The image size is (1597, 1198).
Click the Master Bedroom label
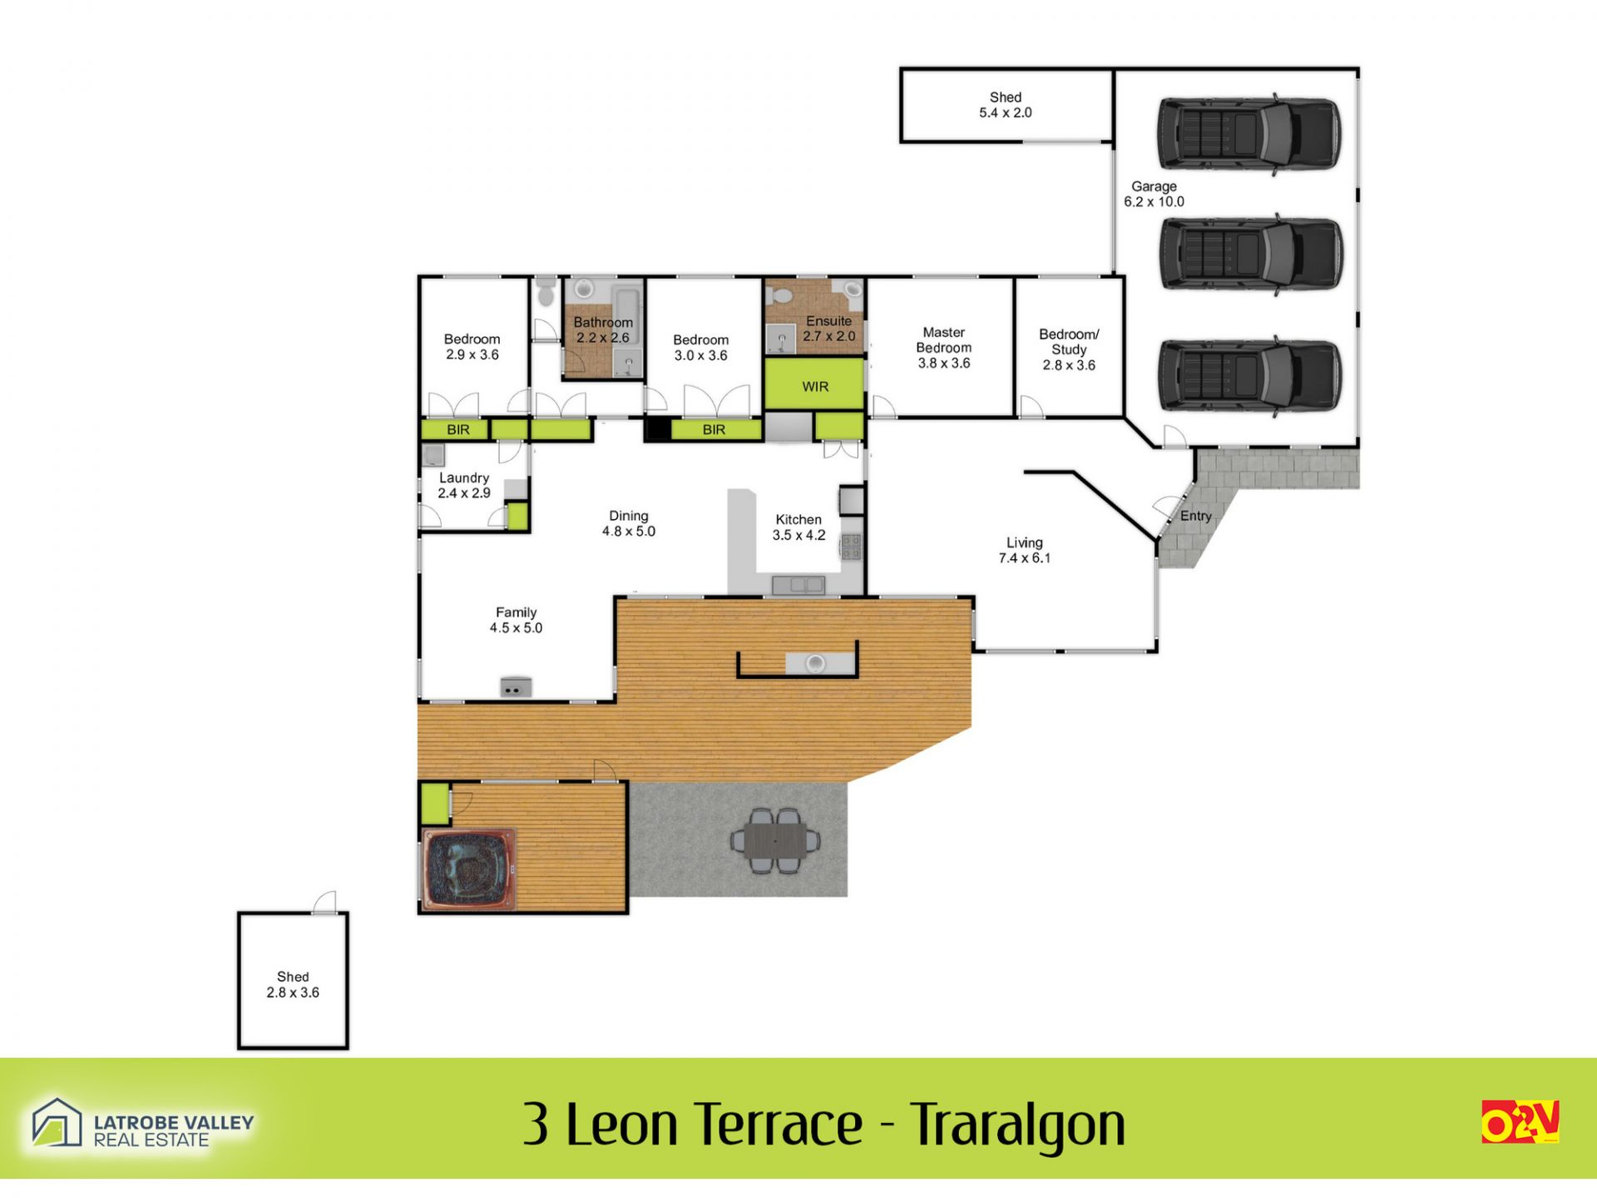click(944, 348)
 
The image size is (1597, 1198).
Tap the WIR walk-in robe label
click(815, 387)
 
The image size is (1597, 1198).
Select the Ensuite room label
click(828, 329)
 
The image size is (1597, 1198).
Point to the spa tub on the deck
click(468, 868)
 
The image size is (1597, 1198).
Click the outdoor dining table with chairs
click(775, 840)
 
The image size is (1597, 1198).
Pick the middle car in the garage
click(1251, 254)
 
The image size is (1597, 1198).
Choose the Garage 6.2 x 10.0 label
click(1154, 194)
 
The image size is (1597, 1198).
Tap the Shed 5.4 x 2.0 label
click(1006, 105)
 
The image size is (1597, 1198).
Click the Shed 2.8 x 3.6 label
click(293, 984)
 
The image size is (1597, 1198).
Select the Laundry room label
click(464, 485)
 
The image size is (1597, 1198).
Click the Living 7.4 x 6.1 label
click(1025, 550)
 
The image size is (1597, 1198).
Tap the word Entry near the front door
click(1196, 516)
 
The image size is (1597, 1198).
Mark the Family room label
click(516, 620)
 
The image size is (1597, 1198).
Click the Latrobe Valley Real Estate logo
click(142, 1123)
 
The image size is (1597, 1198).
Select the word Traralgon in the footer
click(1017, 1124)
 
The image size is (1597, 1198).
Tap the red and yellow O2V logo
click(1520, 1122)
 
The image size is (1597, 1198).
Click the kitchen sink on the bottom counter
click(798, 585)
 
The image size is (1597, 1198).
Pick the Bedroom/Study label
click(1069, 349)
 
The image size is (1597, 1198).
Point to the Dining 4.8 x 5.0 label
click(629, 523)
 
